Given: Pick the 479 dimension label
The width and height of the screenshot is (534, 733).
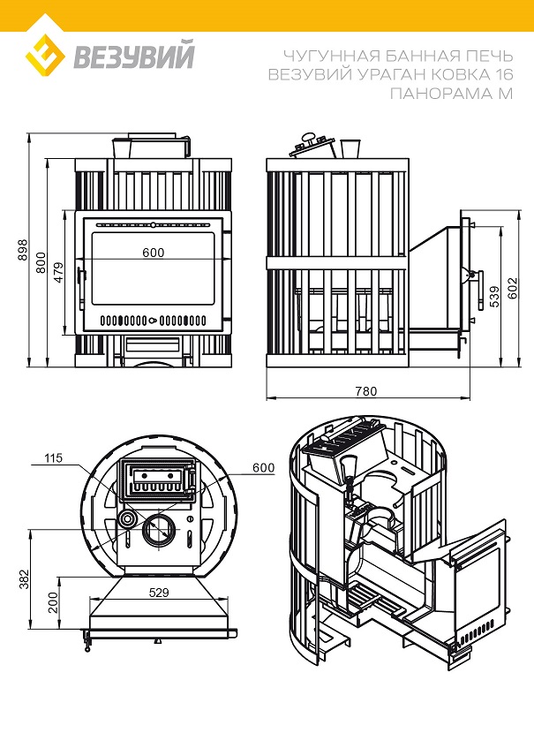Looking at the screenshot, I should tap(58, 273).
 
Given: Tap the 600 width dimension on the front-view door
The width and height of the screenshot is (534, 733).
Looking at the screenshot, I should tap(153, 253).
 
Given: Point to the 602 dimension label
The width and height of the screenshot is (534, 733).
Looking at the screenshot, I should tap(513, 287).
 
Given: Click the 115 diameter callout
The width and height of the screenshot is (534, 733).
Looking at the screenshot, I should tap(54, 457).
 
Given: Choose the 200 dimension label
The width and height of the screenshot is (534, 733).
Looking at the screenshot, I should tap(54, 603).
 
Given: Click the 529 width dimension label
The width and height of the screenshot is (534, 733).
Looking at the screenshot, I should tap(159, 593).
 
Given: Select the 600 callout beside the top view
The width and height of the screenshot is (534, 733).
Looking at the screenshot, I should tap(263, 467).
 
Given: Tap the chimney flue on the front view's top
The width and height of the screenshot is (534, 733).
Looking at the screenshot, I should tap(151, 147).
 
